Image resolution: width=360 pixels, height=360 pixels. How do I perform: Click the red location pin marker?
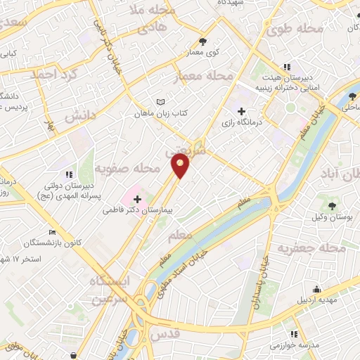[x=181, y=165]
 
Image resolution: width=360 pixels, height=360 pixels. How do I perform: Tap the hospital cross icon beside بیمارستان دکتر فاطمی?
[x=137, y=199]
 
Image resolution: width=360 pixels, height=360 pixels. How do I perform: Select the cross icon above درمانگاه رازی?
[x=242, y=111]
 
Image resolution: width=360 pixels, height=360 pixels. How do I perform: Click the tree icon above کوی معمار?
[x=203, y=41]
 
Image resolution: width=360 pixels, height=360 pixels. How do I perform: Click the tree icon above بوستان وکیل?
[x=333, y=206]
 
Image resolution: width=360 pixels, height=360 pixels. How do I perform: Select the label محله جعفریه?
[x=310, y=249]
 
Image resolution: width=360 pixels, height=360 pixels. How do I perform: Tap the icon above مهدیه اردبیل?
[x=317, y=289]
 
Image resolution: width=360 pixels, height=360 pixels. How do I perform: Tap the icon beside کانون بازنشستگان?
[x=53, y=232]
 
